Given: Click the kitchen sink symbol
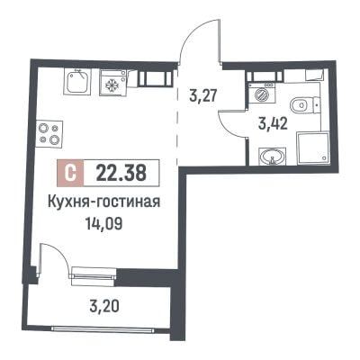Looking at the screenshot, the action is coord(76,81).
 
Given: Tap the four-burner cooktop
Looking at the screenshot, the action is coord(49,134).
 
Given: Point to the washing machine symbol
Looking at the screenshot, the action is coord(261,94).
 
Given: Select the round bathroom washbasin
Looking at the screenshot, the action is coord(272,156).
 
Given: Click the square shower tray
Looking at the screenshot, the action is coord(313,148).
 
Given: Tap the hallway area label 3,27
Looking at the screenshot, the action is coord(202,94).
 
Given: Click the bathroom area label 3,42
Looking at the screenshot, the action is coord(273,123).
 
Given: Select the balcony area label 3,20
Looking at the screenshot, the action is coord(103,307).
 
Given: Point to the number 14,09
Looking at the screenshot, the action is coord(103,223).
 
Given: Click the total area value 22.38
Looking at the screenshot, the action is coord(121,174).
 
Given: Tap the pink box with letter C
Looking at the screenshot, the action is coord(71,173).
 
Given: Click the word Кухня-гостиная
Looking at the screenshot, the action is coord(103,202).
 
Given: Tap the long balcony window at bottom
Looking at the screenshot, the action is coord(102,329).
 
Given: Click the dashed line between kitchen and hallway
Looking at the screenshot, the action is coord(177,116).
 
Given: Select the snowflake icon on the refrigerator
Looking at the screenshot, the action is coord(111,85).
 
